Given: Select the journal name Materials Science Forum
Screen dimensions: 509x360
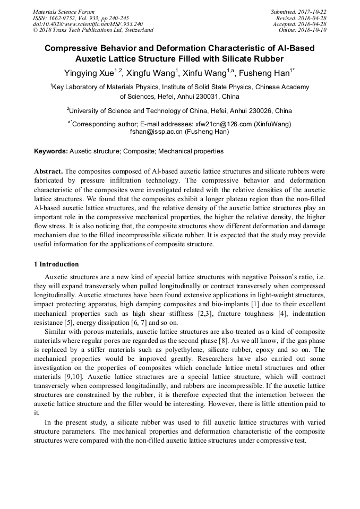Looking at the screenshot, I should pyautogui.click(x=64, y=12).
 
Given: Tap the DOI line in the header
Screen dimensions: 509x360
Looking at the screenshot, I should pyautogui.click(x=88, y=24).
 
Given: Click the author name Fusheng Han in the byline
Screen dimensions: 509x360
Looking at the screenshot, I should pyautogui.click(x=270, y=72).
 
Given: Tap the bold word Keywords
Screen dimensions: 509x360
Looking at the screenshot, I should pyautogui.click(x=51, y=151).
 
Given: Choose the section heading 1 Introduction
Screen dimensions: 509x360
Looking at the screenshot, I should pyautogui.click(x=56, y=264).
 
